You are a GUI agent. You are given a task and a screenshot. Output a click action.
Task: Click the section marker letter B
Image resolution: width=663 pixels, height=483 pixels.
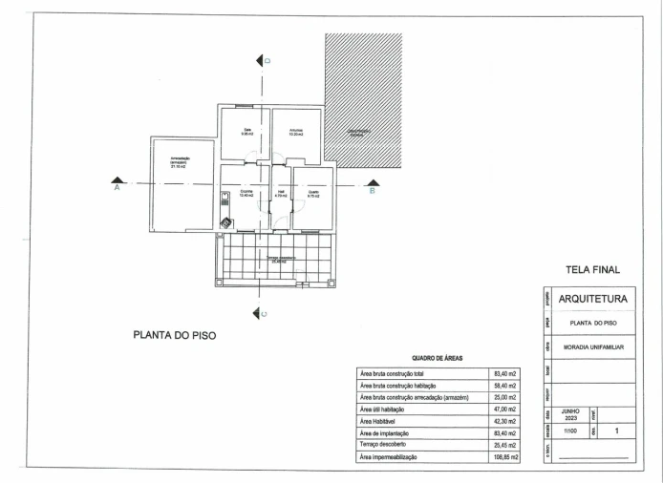[373, 190]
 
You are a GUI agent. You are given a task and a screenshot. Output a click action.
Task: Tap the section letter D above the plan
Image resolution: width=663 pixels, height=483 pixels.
[268, 61]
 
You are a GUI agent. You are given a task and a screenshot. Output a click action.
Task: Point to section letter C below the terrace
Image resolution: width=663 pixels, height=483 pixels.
[264, 313]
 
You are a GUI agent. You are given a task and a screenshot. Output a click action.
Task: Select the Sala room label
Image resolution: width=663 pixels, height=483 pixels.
[246, 132]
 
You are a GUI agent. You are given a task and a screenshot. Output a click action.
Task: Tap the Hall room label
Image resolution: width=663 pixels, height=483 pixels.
[281, 193]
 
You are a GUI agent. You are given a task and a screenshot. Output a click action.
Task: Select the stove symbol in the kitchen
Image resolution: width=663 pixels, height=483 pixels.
[226, 223]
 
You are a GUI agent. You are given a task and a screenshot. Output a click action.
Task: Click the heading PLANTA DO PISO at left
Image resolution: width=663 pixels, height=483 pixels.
[174, 336]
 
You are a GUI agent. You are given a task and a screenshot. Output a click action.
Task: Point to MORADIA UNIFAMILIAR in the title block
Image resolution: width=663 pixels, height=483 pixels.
[591, 347]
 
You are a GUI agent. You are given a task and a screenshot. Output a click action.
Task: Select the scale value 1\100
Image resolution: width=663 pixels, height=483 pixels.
[571, 431]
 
